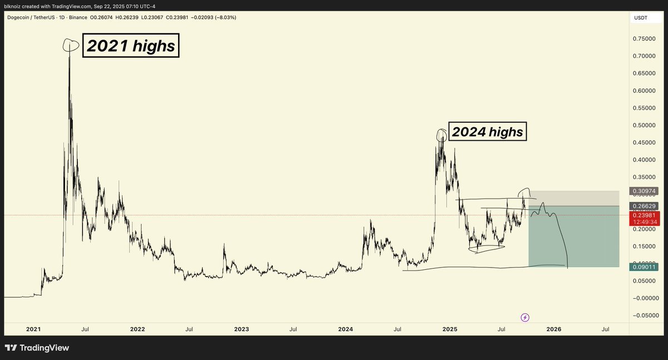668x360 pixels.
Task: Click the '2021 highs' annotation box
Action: (x=131, y=46)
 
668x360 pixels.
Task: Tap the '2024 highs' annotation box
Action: (x=487, y=132)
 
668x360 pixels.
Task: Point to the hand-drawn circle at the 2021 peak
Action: (x=70, y=45)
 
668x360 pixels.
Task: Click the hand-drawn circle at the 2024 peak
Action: (x=441, y=134)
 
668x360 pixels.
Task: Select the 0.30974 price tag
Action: (x=645, y=191)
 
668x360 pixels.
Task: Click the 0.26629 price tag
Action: (x=645, y=206)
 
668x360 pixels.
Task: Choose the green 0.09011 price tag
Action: (x=645, y=267)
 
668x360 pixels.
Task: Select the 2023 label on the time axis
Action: (x=242, y=329)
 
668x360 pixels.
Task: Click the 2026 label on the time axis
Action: (x=554, y=329)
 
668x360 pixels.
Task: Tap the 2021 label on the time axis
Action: (x=33, y=329)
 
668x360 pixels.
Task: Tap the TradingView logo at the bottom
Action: (x=37, y=348)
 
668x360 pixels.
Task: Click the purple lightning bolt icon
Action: (x=525, y=318)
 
